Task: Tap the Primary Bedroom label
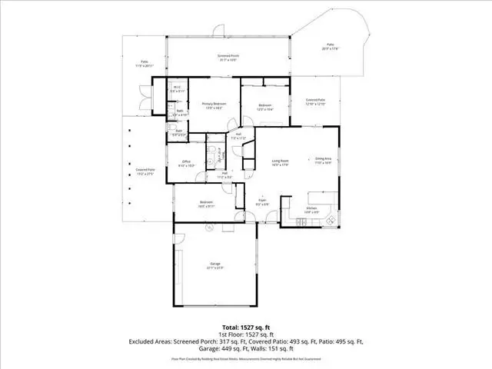213,106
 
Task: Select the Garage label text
214,265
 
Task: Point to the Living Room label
279,162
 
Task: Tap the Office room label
187,163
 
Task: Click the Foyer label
262,201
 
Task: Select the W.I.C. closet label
177,89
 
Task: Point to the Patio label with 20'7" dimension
330,48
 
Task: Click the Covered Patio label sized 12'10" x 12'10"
315,101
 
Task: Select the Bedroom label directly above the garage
206,204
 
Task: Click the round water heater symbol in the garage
208,228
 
